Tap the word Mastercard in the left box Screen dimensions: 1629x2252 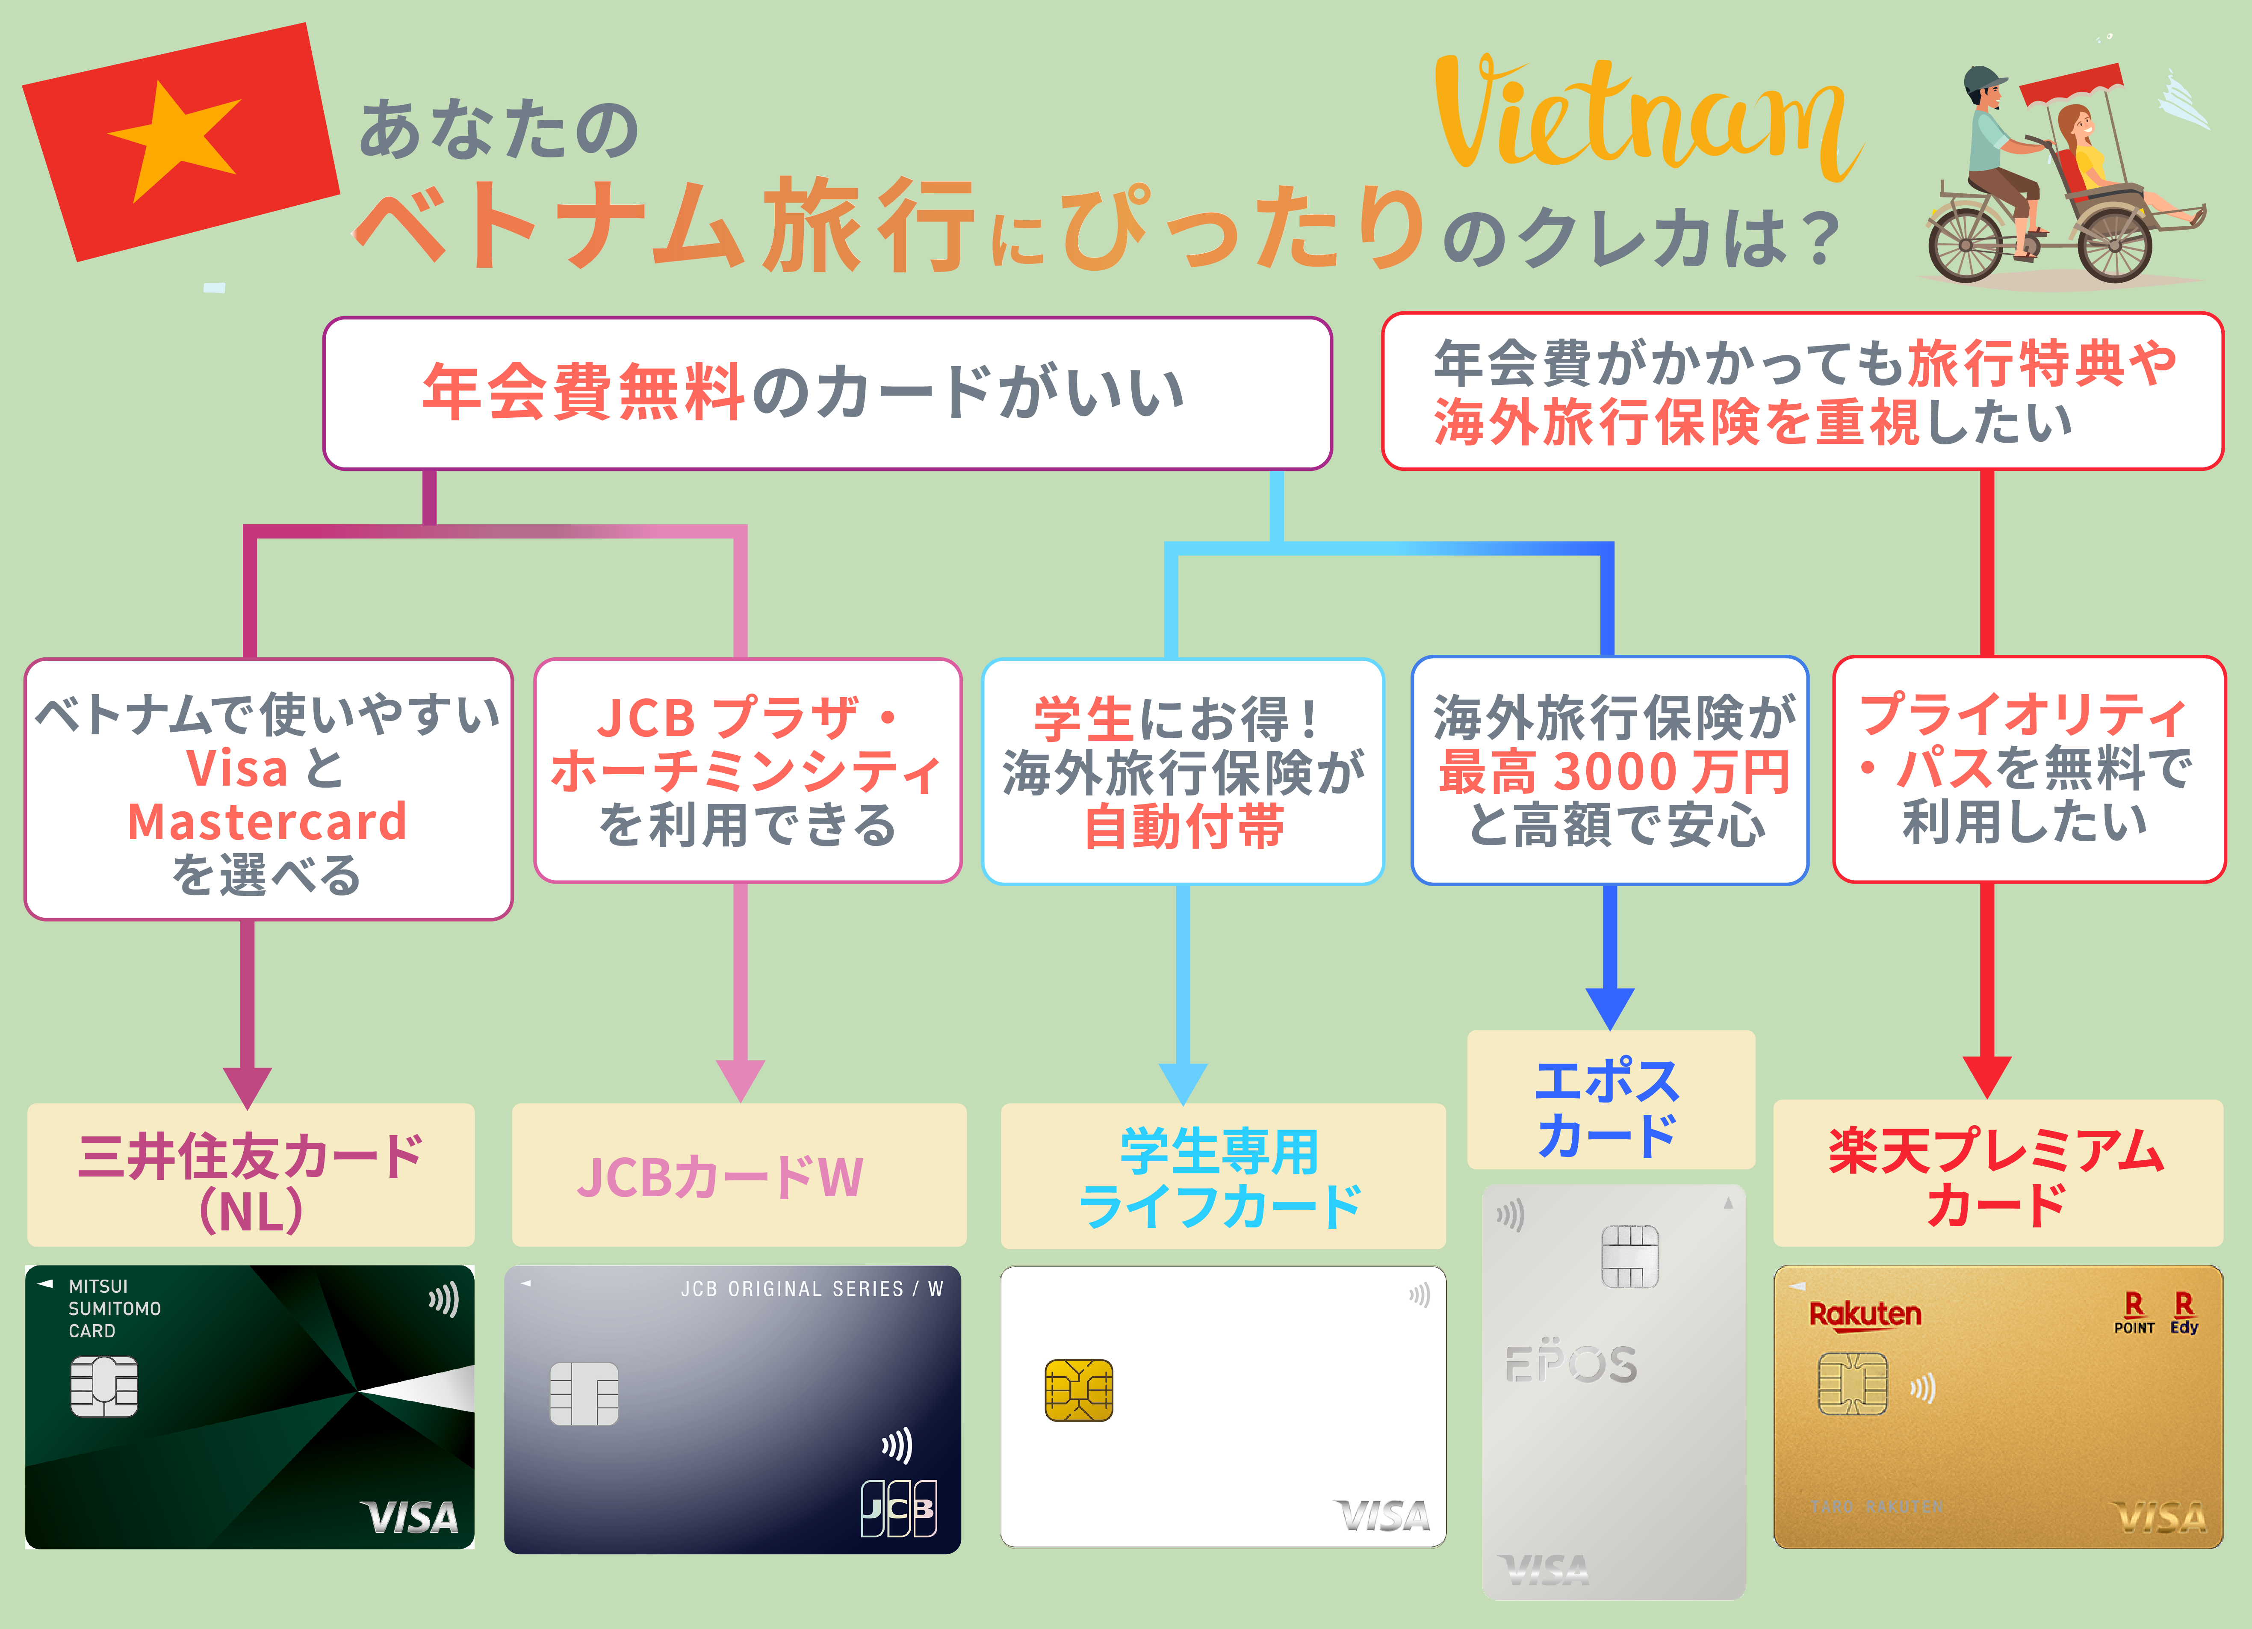pyautogui.click(x=268, y=822)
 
